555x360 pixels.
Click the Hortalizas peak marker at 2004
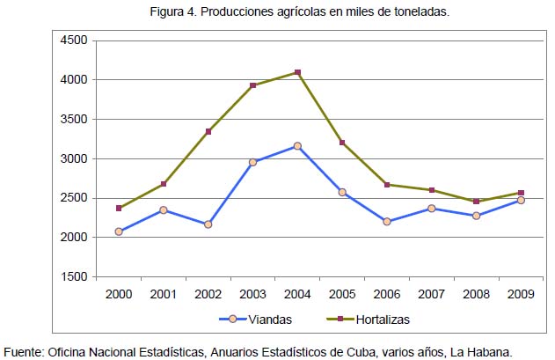coord(297,72)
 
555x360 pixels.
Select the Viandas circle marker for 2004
coord(297,146)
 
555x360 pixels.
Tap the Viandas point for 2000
coord(119,231)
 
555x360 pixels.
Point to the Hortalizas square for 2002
coord(208,131)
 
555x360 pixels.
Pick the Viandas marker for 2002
coord(208,224)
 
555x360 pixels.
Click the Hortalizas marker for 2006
coord(387,185)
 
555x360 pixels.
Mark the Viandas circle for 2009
coord(521,200)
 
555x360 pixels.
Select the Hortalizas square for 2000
coord(119,208)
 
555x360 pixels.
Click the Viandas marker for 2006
coord(387,222)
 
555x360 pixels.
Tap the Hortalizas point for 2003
coord(252,85)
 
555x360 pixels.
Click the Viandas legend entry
coord(256,320)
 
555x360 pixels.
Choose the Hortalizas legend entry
coord(369,320)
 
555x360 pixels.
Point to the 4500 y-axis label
coord(74,40)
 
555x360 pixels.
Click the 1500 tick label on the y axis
coord(74,276)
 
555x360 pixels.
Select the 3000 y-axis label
coord(74,158)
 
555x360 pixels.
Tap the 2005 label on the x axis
coord(342,294)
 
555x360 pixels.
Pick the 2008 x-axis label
coord(476,294)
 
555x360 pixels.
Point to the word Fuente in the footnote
coord(24,352)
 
